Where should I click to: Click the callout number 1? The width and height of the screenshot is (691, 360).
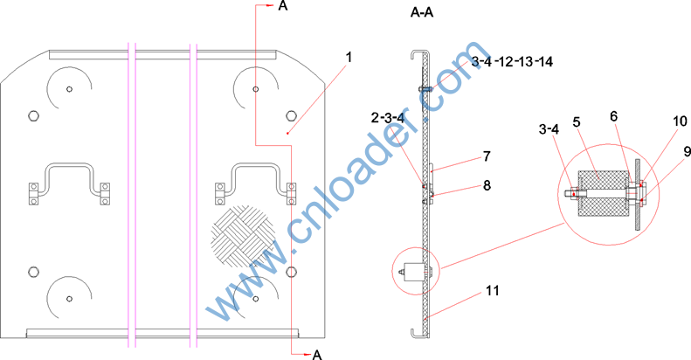(349, 58)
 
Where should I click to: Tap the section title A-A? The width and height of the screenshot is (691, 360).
(422, 13)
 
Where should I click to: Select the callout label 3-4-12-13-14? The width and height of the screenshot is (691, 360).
(512, 61)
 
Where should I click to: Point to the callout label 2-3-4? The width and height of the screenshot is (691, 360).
(388, 118)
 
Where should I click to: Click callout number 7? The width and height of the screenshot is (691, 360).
(487, 156)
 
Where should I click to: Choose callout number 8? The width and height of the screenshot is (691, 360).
(487, 185)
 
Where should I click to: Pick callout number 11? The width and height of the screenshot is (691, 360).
(492, 291)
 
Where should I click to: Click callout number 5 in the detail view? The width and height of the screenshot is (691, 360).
(577, 122)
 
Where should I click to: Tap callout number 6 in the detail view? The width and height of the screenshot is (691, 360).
(614, 116)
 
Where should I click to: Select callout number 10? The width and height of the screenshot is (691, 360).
(680, 121)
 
